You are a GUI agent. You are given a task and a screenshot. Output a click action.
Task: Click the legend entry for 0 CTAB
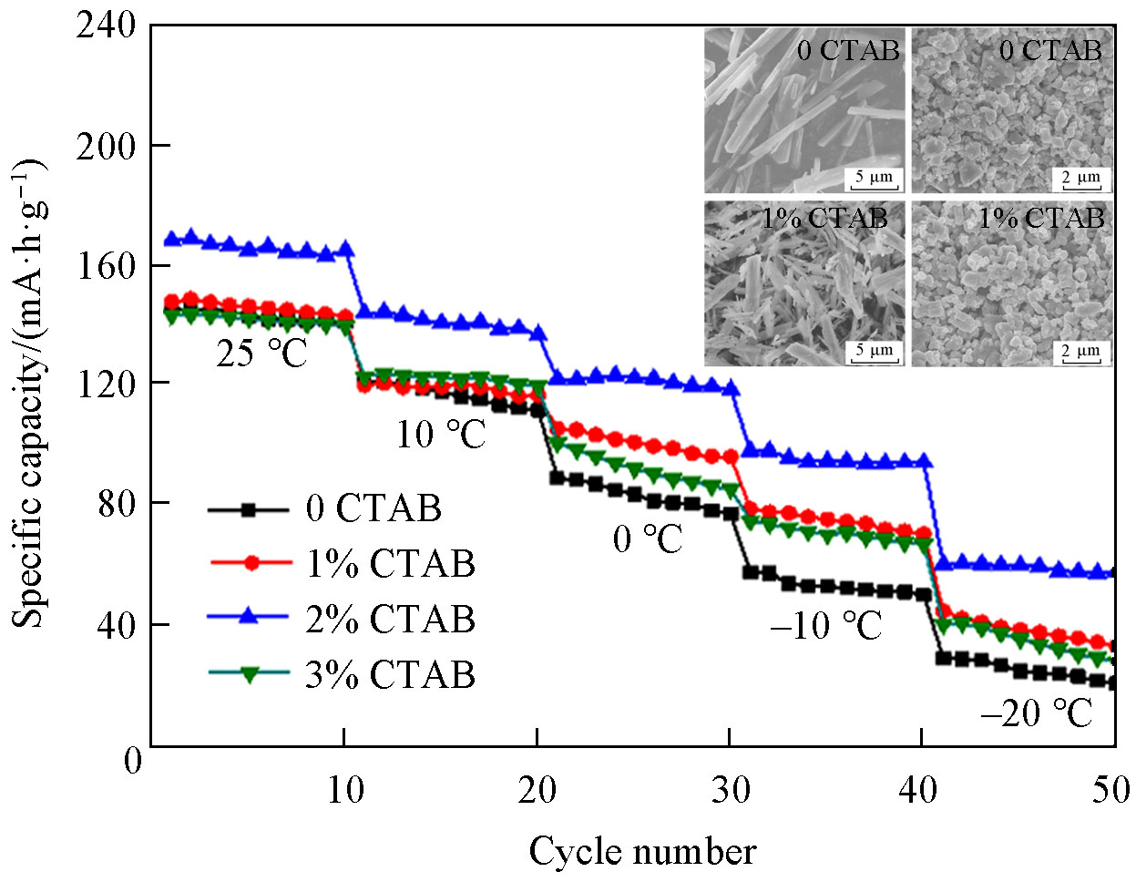coord(374,508)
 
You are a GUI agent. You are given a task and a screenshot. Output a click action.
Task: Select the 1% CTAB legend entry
coord(390,564)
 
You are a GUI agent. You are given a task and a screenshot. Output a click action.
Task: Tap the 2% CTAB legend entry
coord(390,620)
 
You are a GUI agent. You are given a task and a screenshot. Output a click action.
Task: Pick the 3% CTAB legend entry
coord(390,675)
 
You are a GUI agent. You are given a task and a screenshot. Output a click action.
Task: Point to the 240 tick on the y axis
coord(106,26)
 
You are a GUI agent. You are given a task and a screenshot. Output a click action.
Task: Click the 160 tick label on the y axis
coord(106,265)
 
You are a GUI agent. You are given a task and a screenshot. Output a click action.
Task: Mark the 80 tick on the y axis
coord(118,504)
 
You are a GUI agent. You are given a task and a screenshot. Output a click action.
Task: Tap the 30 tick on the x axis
coord(730,789)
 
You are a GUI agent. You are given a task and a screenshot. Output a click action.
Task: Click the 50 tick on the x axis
coord(1110,789)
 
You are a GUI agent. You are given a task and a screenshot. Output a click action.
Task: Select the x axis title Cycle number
coord(642,851)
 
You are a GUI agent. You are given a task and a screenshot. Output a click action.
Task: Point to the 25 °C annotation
coord(262,354)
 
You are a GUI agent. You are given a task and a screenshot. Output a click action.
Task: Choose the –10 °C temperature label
coord(825,625)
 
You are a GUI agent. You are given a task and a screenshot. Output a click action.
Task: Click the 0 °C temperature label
coord(647,539)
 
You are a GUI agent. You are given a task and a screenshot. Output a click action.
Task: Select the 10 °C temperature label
coord(440,435)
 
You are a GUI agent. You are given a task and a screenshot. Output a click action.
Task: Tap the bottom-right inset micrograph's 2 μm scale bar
coord(1081,353)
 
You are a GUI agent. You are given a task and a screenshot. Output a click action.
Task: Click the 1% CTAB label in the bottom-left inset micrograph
coord(824,219)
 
